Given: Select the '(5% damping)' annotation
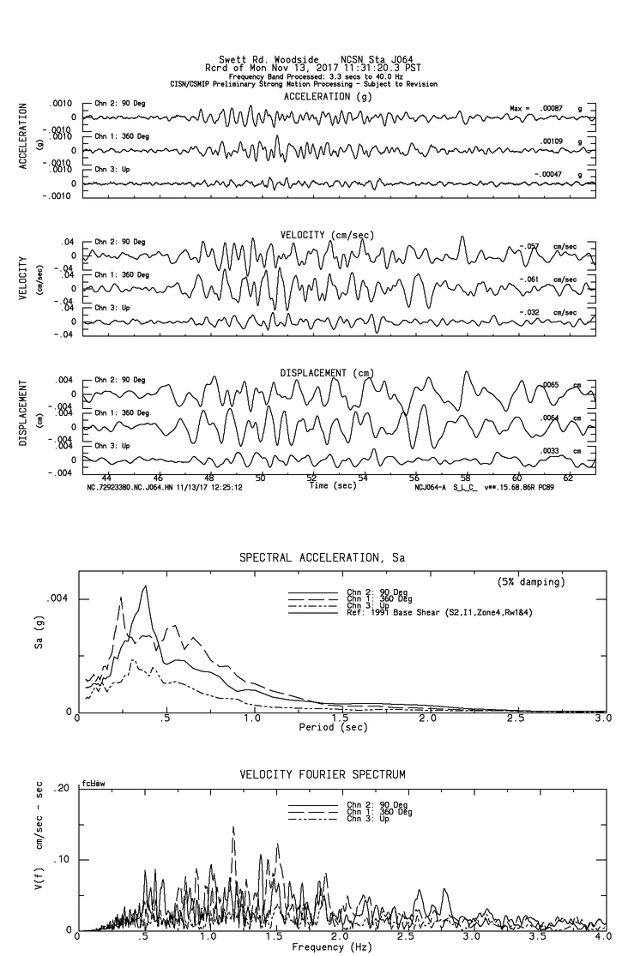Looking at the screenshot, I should [531, 582].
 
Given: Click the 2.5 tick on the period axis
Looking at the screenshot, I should [516, 719].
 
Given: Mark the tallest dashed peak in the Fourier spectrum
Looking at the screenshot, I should [233, 827].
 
